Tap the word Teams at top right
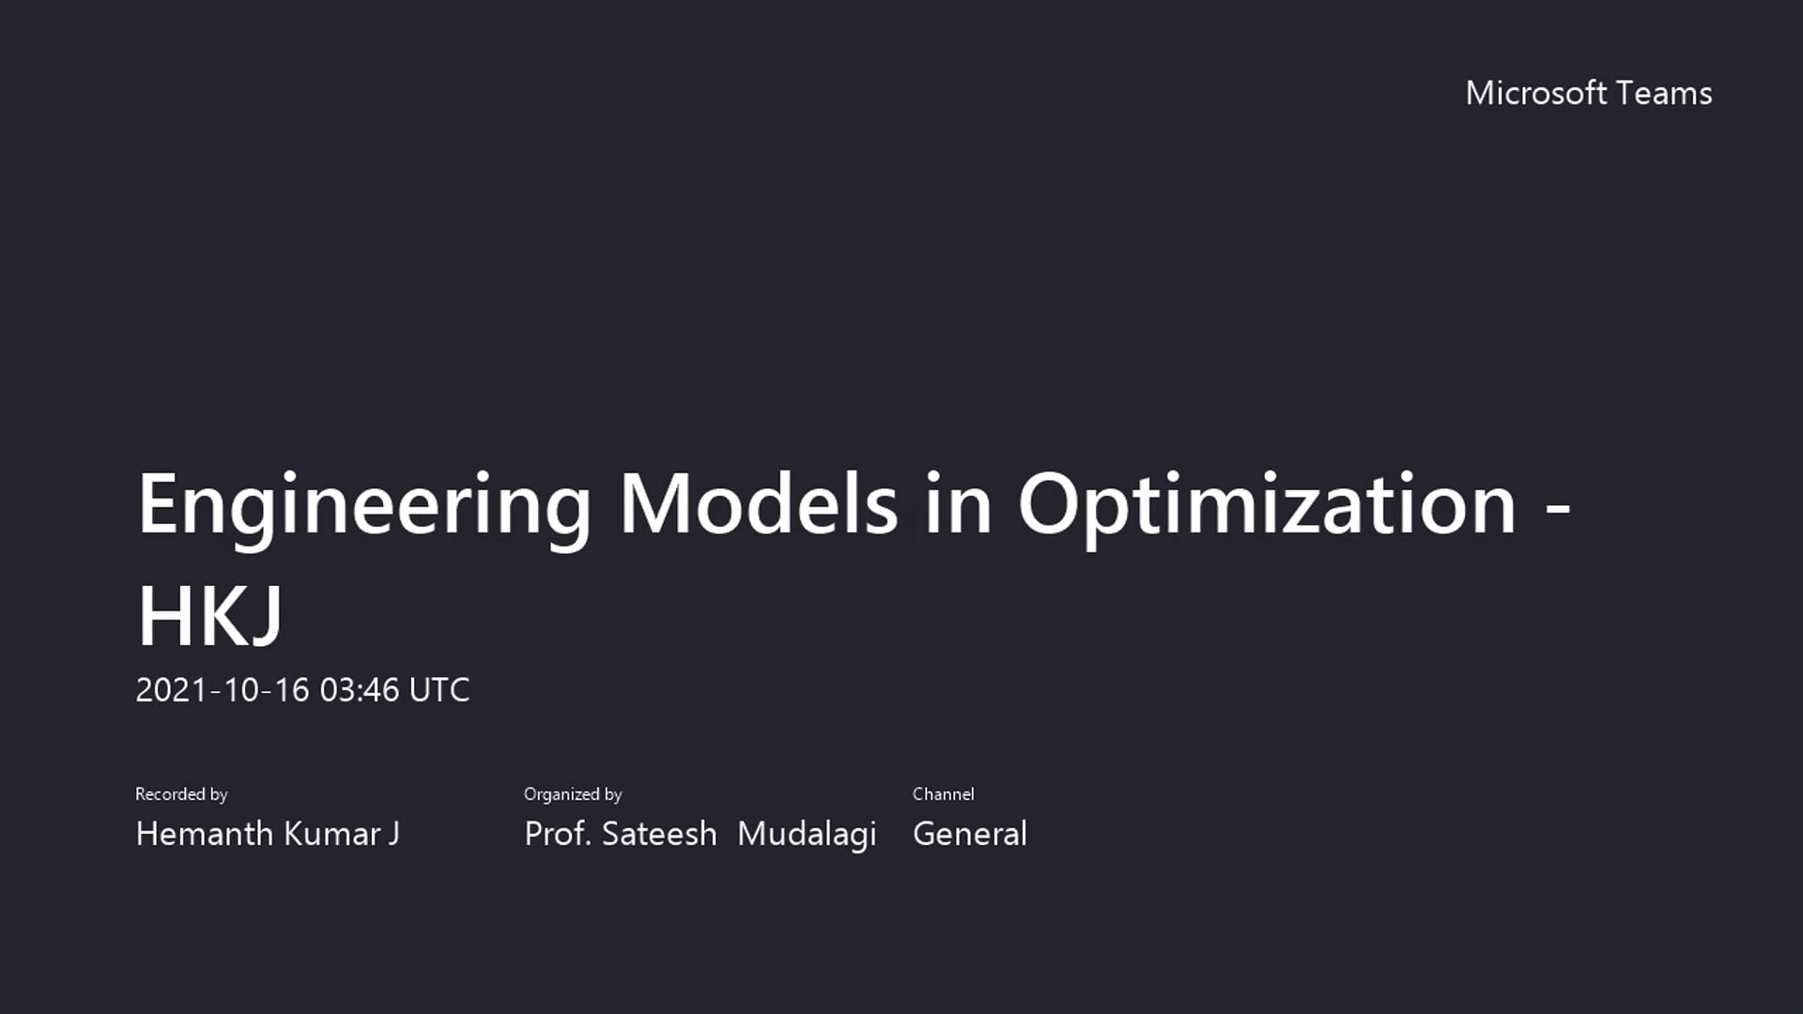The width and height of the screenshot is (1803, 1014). click(x=1665, y=93)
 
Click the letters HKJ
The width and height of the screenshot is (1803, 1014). click(x=210, y=617)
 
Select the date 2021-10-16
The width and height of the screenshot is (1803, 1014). click(x=223, y=690)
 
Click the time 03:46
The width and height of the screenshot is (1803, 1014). click(x=360, y=690)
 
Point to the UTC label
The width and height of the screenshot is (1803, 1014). click(x=439, y=690)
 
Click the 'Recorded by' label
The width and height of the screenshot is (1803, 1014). click(x=181, y=794)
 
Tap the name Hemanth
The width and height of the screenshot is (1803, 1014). click(x=205, y=834)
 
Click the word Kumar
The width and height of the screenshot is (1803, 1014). click(x=332, y=834)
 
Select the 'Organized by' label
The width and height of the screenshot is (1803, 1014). click(x=573, y=794)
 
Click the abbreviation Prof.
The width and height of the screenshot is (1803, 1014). click(x=558, y=834)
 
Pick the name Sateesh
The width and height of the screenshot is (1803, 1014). click(x=659, y=834)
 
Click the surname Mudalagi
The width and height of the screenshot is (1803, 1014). click(x=807, y=834)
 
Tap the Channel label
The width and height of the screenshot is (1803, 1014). click(x=943, y=794)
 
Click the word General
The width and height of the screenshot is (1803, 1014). click(x=969, y=834)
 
